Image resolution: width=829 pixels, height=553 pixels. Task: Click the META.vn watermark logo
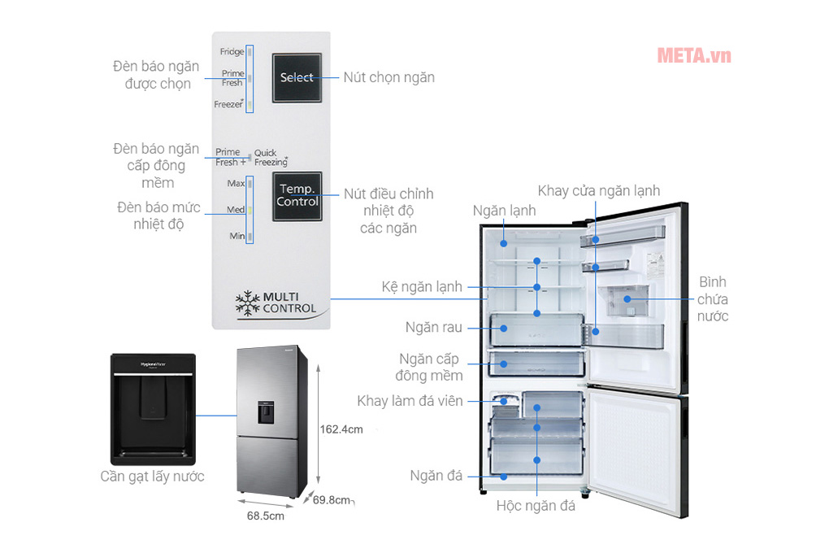(x=693, y=55)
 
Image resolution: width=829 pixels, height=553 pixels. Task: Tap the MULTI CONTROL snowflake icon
(x=247, y=302)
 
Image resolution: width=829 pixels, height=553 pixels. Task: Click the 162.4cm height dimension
(x=341, y=429)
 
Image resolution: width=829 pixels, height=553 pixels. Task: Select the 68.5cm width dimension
(x=266, y=516)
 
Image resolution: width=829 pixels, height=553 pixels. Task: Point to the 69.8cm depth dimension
(x=331, y=499)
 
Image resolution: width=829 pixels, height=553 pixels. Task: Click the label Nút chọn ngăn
(x=388, y=77)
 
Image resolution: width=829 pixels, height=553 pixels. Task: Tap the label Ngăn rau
(x=434, y=327)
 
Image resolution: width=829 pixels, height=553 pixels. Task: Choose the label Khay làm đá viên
(x=410, y=401)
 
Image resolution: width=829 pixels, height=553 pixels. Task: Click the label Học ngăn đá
(x=536, y=506)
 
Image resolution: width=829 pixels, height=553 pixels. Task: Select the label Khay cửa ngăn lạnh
(x=599, y=190)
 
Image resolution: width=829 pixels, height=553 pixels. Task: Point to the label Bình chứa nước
(x=712, y=299)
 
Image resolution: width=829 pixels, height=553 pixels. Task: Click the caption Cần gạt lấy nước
(x=152, y=477)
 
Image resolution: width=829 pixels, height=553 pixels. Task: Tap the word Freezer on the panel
(x=228, y=104)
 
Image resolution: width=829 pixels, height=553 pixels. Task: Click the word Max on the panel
(x=236, y=184)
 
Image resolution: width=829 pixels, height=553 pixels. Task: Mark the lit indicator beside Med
(x=250, y=210)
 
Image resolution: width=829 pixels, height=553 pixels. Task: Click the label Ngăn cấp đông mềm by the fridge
(x=429, y=367)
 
